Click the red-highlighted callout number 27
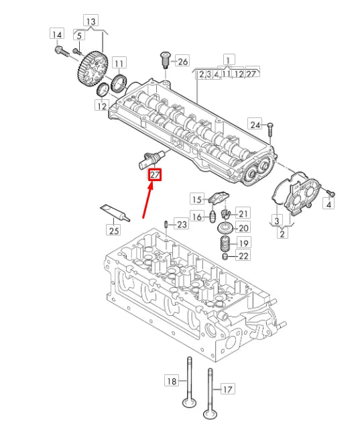tap(156, 176)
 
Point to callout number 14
tap(58, 34)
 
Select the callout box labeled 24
tap(255, 124)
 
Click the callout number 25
tap(113, 231)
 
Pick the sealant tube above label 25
tap(114, 213)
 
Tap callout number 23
tap(182, 223)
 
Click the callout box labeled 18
tap(172, 381)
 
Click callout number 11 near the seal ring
tap(119, 64)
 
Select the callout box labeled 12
tap(101, 105)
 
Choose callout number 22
tap(243, 256)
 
